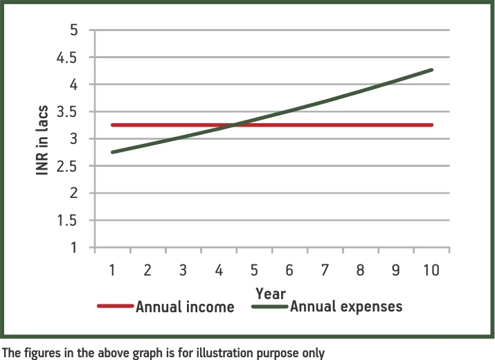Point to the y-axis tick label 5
click(73, 30)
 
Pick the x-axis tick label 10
click(431, 270)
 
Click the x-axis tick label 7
click(325, 270)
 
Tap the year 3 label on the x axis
click(183, 270)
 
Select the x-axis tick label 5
click(254, 270)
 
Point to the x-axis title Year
click(270, 293)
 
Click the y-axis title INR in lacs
click(42, 138)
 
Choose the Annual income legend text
click(185, 307)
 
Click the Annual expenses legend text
click(346, 306)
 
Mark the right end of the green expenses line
click(432, 70)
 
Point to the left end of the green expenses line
click(112, 152)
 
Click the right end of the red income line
click(432, 125)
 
